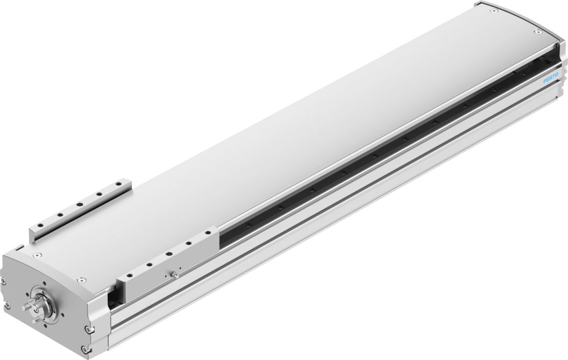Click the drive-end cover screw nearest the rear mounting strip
click(x=37, y=256)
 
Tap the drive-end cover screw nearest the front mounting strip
click(x=81, y=280)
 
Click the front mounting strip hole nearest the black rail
click(x=208, y=234)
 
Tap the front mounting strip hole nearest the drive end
click(x=128, y=277)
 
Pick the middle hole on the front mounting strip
click(x=168, y=253)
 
